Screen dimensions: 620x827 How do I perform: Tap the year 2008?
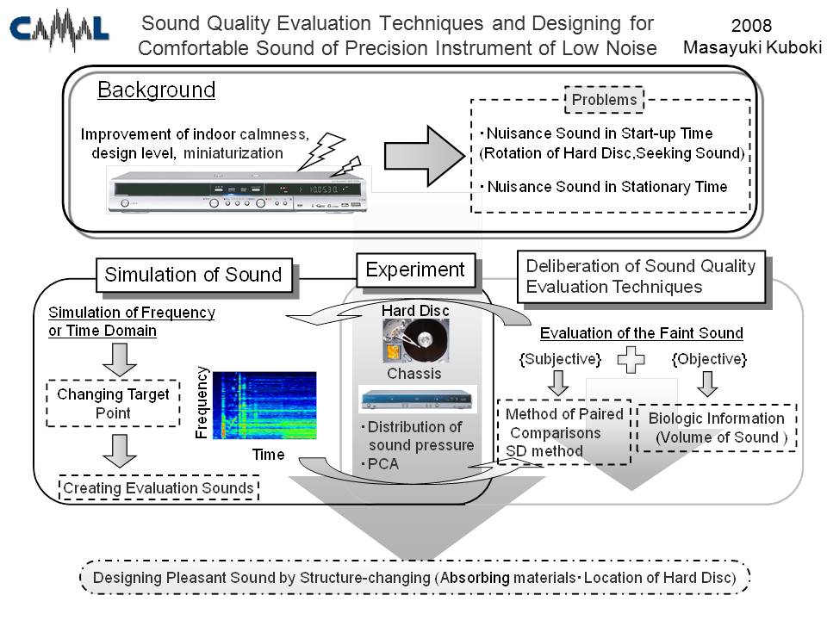pyautogui.click(x=751, y=26)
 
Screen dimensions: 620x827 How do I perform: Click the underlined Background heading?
pyautogui.click(x=156, y=90)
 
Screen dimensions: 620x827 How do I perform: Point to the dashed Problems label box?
pyautogui.click(x=604, y=100)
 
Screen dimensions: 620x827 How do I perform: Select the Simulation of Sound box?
pyautogui.click(x=193, y=275)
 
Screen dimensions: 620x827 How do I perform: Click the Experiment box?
pyautogui.click(x=415, y=270)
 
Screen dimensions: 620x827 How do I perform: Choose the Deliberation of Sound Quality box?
pyautogui.click(x=641, y=276)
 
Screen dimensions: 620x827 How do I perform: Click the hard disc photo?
pyautogui.click(x=416, y=341)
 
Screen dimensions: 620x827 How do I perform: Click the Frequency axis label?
pyautogui.click(x=202, y=402)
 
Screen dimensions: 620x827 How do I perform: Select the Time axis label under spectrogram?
pyautogui.click(x=269, y=453)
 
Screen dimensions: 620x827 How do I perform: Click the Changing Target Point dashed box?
pyautogui.click(x=114, y=403)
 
